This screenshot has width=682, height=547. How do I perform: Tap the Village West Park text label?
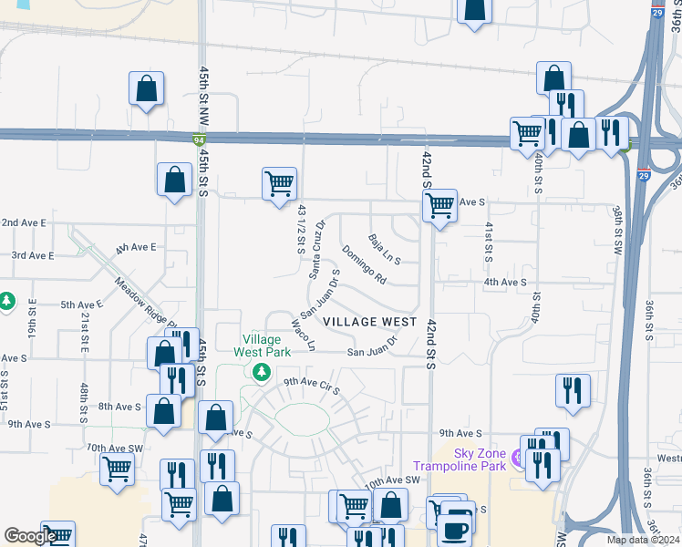coord(262,346)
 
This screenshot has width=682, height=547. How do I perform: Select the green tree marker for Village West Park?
coord(262,372)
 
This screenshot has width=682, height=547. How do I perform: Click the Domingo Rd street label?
coord(364,264)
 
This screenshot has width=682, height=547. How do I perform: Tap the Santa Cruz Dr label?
coord(316,248)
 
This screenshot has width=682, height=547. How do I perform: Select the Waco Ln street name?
coord(303,335)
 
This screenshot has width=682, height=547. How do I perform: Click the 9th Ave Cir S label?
coord(311,387)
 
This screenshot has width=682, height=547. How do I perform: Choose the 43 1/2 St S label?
coord(300,229)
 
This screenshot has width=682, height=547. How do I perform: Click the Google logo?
coord(29,536)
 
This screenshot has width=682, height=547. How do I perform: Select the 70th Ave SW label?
coord(115,448)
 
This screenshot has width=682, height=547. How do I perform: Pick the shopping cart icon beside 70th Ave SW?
coord(117,470)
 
